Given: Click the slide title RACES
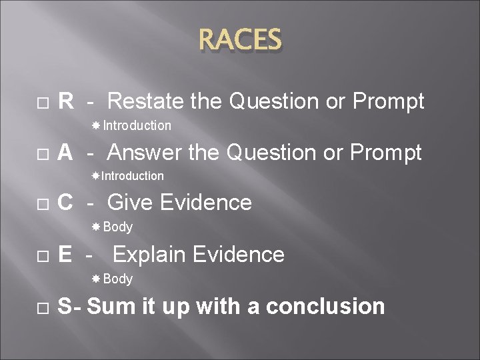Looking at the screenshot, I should (240, 41).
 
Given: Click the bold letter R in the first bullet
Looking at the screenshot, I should (65, 102).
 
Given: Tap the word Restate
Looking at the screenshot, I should (145, 102).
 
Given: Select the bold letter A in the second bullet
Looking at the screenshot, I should (65, 153).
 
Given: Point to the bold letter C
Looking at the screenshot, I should (65, 203).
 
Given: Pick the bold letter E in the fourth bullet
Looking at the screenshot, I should (65, 255).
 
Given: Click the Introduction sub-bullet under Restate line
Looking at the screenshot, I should (137, 125).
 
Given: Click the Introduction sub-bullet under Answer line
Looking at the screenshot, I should (132, 176).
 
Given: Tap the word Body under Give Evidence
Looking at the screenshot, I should (118, 227).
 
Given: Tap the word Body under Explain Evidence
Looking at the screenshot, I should (118, 279).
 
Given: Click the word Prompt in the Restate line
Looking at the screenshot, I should (388, 102).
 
